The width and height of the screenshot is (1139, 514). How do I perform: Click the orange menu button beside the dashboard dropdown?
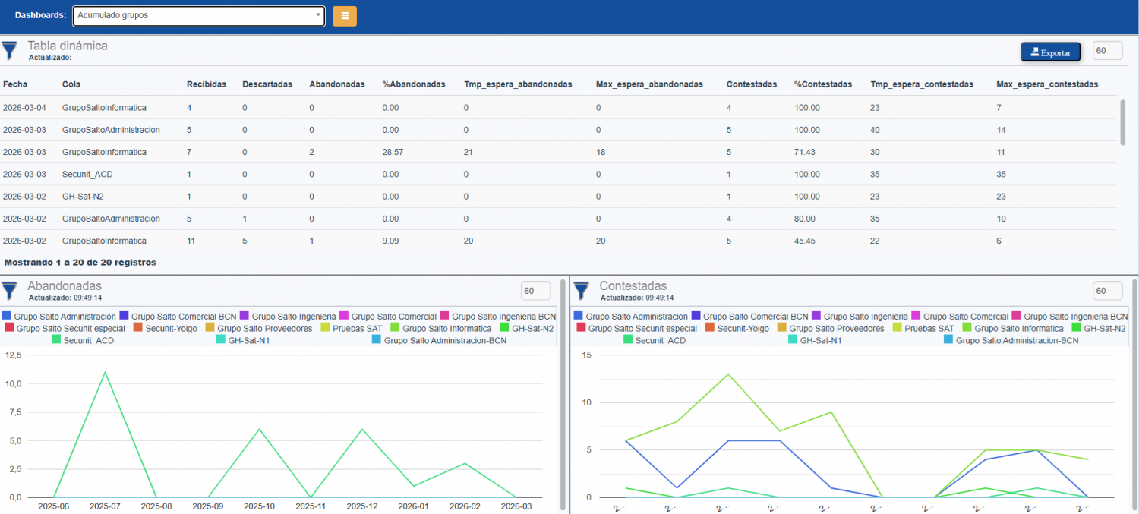tap(345, 16)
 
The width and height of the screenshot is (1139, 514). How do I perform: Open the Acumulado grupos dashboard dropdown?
tap(199, 16)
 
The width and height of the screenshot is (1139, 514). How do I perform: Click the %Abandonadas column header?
tap(413, 84)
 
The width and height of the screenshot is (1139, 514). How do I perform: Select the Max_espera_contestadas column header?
tap(1046, 84)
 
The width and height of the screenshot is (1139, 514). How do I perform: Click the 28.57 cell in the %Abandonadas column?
tap(393, 152)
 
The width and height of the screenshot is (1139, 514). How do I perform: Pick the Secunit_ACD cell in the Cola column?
tap(87, 174)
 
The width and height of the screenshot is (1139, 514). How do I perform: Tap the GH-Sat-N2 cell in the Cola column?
tap(83, 196)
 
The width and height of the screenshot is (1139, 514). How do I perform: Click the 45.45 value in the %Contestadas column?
tap(806, 241)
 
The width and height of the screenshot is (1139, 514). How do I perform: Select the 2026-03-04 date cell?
tap(24, 107)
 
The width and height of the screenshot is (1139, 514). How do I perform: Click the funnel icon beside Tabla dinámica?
tap(9, 51)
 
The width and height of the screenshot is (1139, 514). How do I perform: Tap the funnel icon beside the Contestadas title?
tap(581, 290)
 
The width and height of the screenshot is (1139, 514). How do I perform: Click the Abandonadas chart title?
tap(65, 285)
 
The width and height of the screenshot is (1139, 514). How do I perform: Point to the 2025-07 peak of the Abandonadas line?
tap(104, 372)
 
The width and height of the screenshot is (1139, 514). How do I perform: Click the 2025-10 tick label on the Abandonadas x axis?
tap(260, 506)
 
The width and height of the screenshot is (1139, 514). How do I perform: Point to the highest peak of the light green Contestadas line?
tap(729, 374)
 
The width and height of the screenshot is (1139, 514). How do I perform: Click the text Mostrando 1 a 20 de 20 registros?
tap(80, 262)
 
